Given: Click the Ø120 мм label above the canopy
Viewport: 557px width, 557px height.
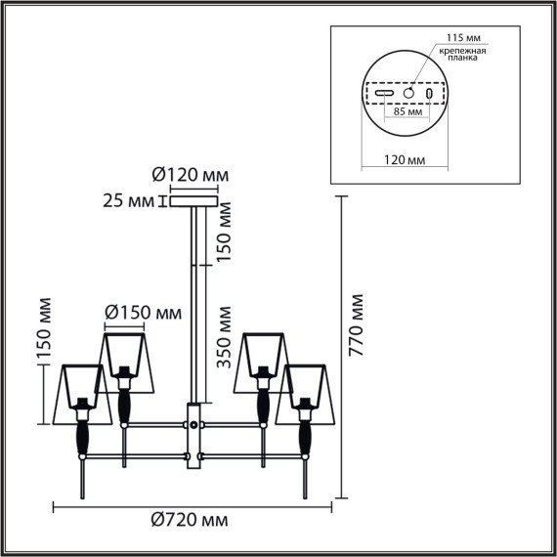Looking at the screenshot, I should (191, 176).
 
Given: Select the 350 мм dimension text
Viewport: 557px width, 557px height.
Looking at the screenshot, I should (224, 337).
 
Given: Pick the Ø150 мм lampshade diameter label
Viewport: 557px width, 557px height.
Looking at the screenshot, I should (143, 313).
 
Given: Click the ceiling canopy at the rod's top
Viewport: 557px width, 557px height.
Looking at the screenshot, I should (194, 202).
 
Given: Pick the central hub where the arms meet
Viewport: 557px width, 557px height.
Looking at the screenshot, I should (194, 426).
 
